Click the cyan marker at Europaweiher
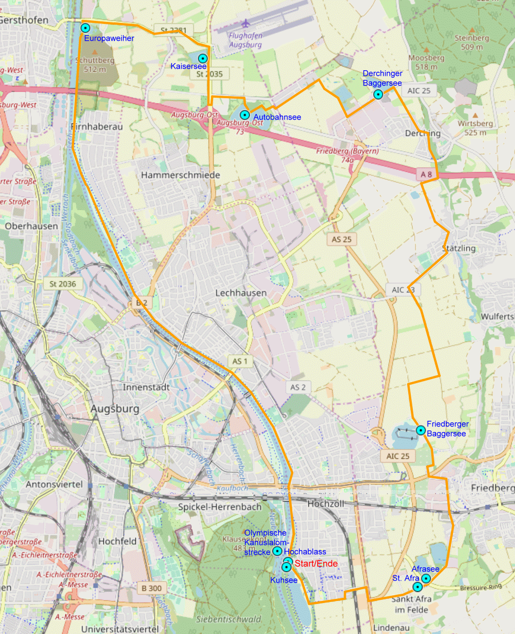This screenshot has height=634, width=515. click(x=85, y=28)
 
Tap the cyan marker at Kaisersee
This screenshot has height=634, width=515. click(x=202, y=59)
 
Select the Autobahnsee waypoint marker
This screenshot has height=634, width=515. click(x=245, y=115)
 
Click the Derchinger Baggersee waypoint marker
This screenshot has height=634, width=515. click(x=378, y=94)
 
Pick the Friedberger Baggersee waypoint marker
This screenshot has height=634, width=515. click(x=420, y=430)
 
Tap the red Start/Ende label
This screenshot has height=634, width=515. click(x=316, y=563)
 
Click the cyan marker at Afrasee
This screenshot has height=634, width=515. click(x=426, y=579)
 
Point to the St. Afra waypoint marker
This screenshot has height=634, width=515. click(x=417, y=587)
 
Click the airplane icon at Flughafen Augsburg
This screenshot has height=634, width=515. click(x=246, y=23)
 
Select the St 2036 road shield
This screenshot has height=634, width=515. click(x=63, y=284)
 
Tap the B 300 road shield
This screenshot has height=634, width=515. click(x=151, y=588)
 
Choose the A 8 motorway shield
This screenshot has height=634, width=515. click(x=426, y=175)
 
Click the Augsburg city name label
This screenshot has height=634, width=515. click(x=115, y=409)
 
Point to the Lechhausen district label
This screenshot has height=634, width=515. click(x=240, y=293)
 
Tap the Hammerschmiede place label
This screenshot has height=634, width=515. click(x=180, y=175)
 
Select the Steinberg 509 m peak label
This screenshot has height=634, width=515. click(x=472, y=42)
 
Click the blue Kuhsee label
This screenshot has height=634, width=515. click(x=284, y=580)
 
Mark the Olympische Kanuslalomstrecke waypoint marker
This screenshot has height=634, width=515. click(x=277, y=551)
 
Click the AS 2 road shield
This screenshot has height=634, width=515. click(x=298, y=387)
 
